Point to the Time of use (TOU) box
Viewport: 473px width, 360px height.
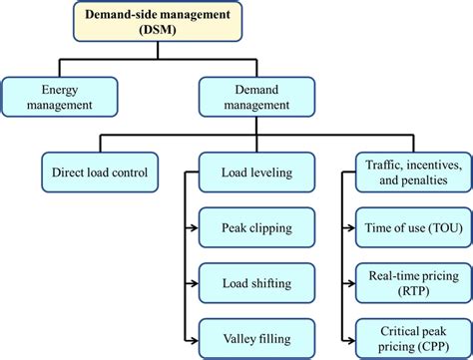pos(411,229)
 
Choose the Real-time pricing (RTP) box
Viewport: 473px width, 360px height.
pos(411,283)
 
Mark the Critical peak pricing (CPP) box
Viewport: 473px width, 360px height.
pos(411,337)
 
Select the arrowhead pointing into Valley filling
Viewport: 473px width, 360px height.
pos(193,336)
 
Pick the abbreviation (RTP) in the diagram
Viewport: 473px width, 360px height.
pos(411,291)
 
